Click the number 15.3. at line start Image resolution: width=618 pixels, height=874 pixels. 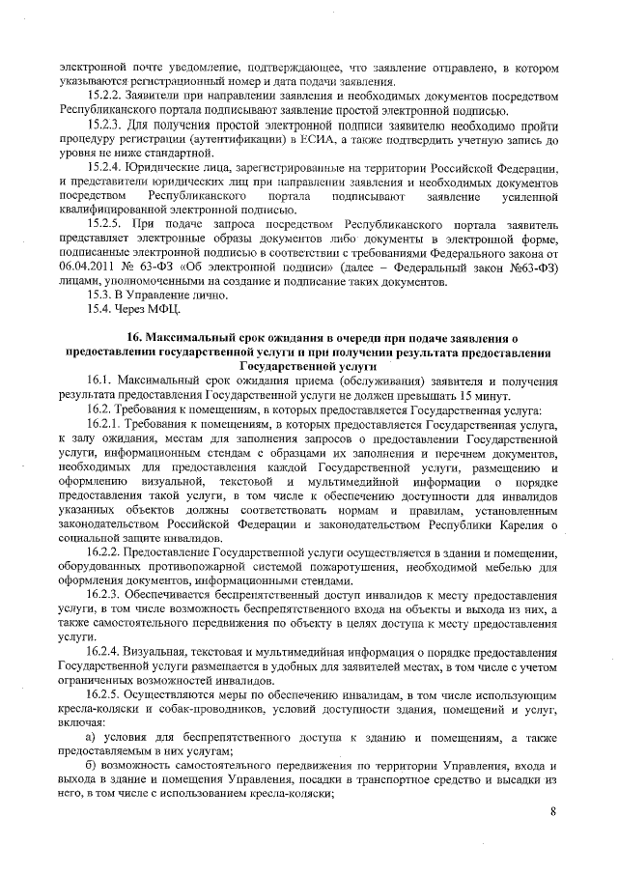click(x=99, y=296)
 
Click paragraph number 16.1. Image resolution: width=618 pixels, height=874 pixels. click(x=98, y=382)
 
